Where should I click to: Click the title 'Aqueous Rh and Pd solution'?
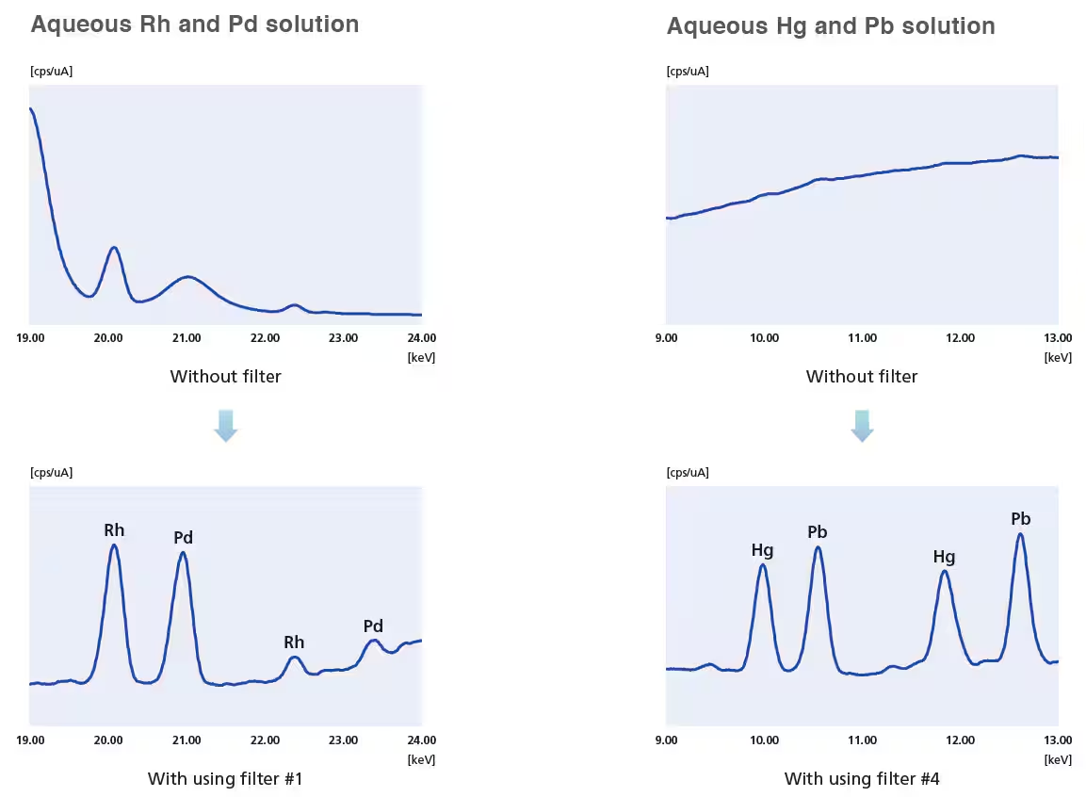pyautogui.click(x=194, y=24)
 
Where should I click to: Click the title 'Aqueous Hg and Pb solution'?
pyautogui.click(x=830, y=26)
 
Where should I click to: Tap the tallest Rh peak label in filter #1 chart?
pyautogui.click(x=114, y=530)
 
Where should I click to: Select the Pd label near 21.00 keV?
pyautogui.click(x=183, y=538)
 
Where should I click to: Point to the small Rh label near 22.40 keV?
pyautogui.click(x=294, y=642)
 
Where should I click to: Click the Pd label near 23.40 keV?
pyautogui.click(x=373, y=626)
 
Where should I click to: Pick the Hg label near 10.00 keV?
pyautogui.click(x=762, y=549)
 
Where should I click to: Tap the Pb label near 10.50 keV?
pyautogui.click(x=818, y=532)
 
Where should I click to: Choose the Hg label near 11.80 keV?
pyautogui.click(x=944, y=557)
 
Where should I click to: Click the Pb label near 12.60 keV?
pyautogui.click(x=1020, y=519)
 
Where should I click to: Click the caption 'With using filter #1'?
pyautogui.click(x=225, y=779)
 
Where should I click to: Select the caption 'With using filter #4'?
pyautogui.click(x=862, y=779)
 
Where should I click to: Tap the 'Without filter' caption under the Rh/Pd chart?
pyautogui.click(x=225, y=377)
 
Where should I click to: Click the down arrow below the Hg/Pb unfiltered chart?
pyautogui.click(x=862, y=426)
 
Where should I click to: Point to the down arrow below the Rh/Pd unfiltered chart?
pyautogui.click(x=225, y=426)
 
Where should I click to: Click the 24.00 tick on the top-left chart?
pyautogui.click(x=421, y=338)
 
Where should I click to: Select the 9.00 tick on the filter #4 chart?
pyautogui.click(x=666, y=740)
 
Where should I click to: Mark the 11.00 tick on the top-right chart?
pyautogui.click(x=862, y=338)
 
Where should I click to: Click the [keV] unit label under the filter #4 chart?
pyautogui.click(x=1058, y=759)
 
